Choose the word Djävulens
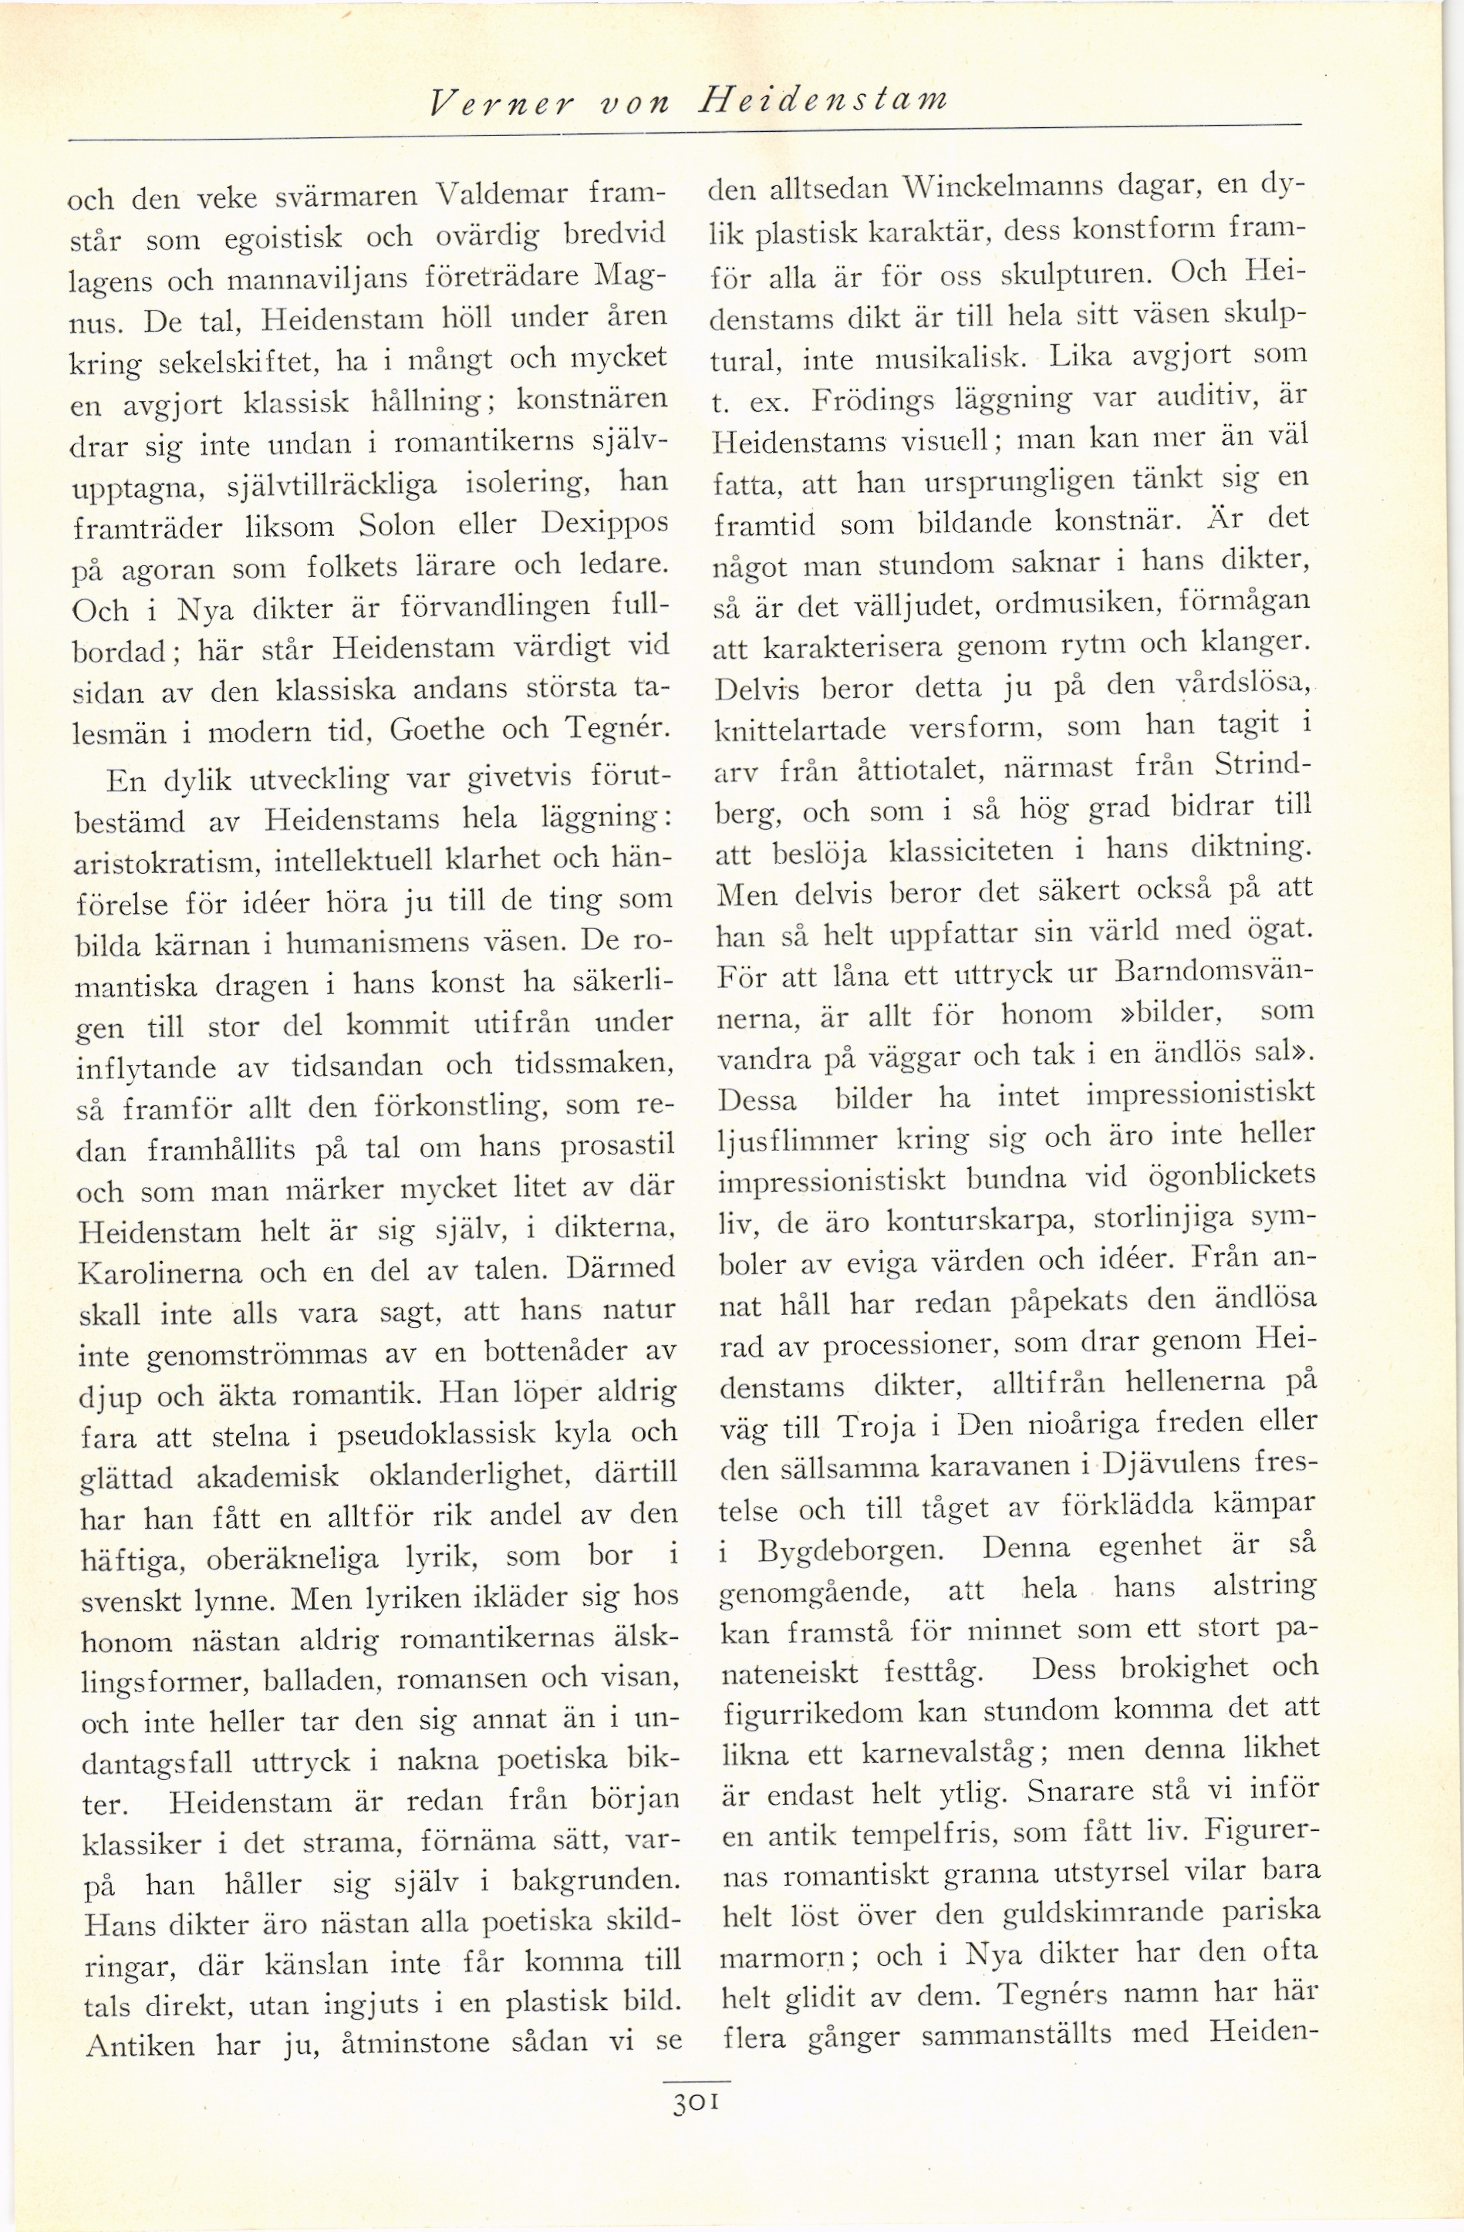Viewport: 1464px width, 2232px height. point(1170,1463)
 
